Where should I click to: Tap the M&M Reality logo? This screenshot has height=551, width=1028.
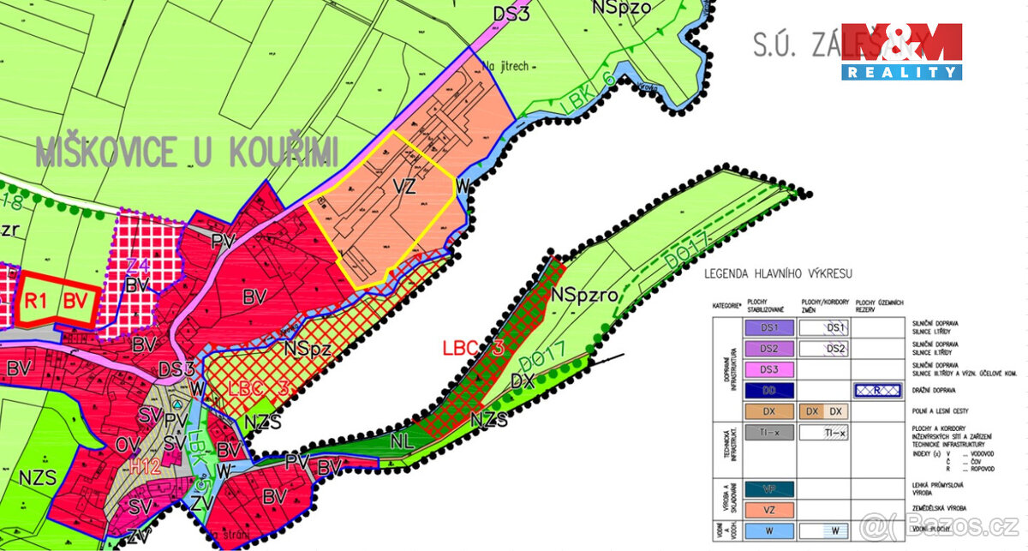[x=901, y=51]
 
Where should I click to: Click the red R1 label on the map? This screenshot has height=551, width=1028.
[x=35, y=301]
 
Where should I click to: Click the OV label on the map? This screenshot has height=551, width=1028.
[x=128, y=445]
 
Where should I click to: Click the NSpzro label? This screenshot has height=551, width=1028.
[x=585, y=295]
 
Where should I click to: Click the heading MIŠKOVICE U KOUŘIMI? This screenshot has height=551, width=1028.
[x=187, y=152]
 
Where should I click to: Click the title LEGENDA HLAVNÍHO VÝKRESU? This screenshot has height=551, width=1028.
[x=778, y=274]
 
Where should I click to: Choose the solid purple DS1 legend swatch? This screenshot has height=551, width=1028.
[x=769, y=327]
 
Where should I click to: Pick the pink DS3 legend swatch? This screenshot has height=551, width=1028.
[x=769, y=369]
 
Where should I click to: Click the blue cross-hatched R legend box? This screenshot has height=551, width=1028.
[x=879, y=390]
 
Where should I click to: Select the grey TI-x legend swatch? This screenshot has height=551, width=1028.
[x=769, y=434]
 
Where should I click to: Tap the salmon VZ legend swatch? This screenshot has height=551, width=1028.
[x=769, y=509]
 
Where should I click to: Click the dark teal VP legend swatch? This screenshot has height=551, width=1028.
[x=769, y=488]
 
